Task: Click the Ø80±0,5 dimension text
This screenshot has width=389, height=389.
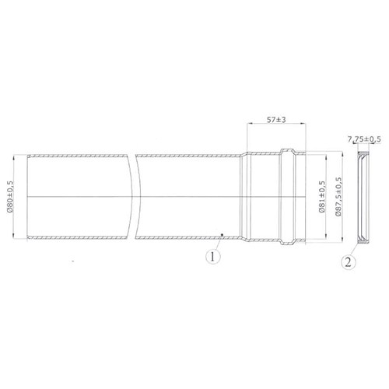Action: [x=10, y=194]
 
